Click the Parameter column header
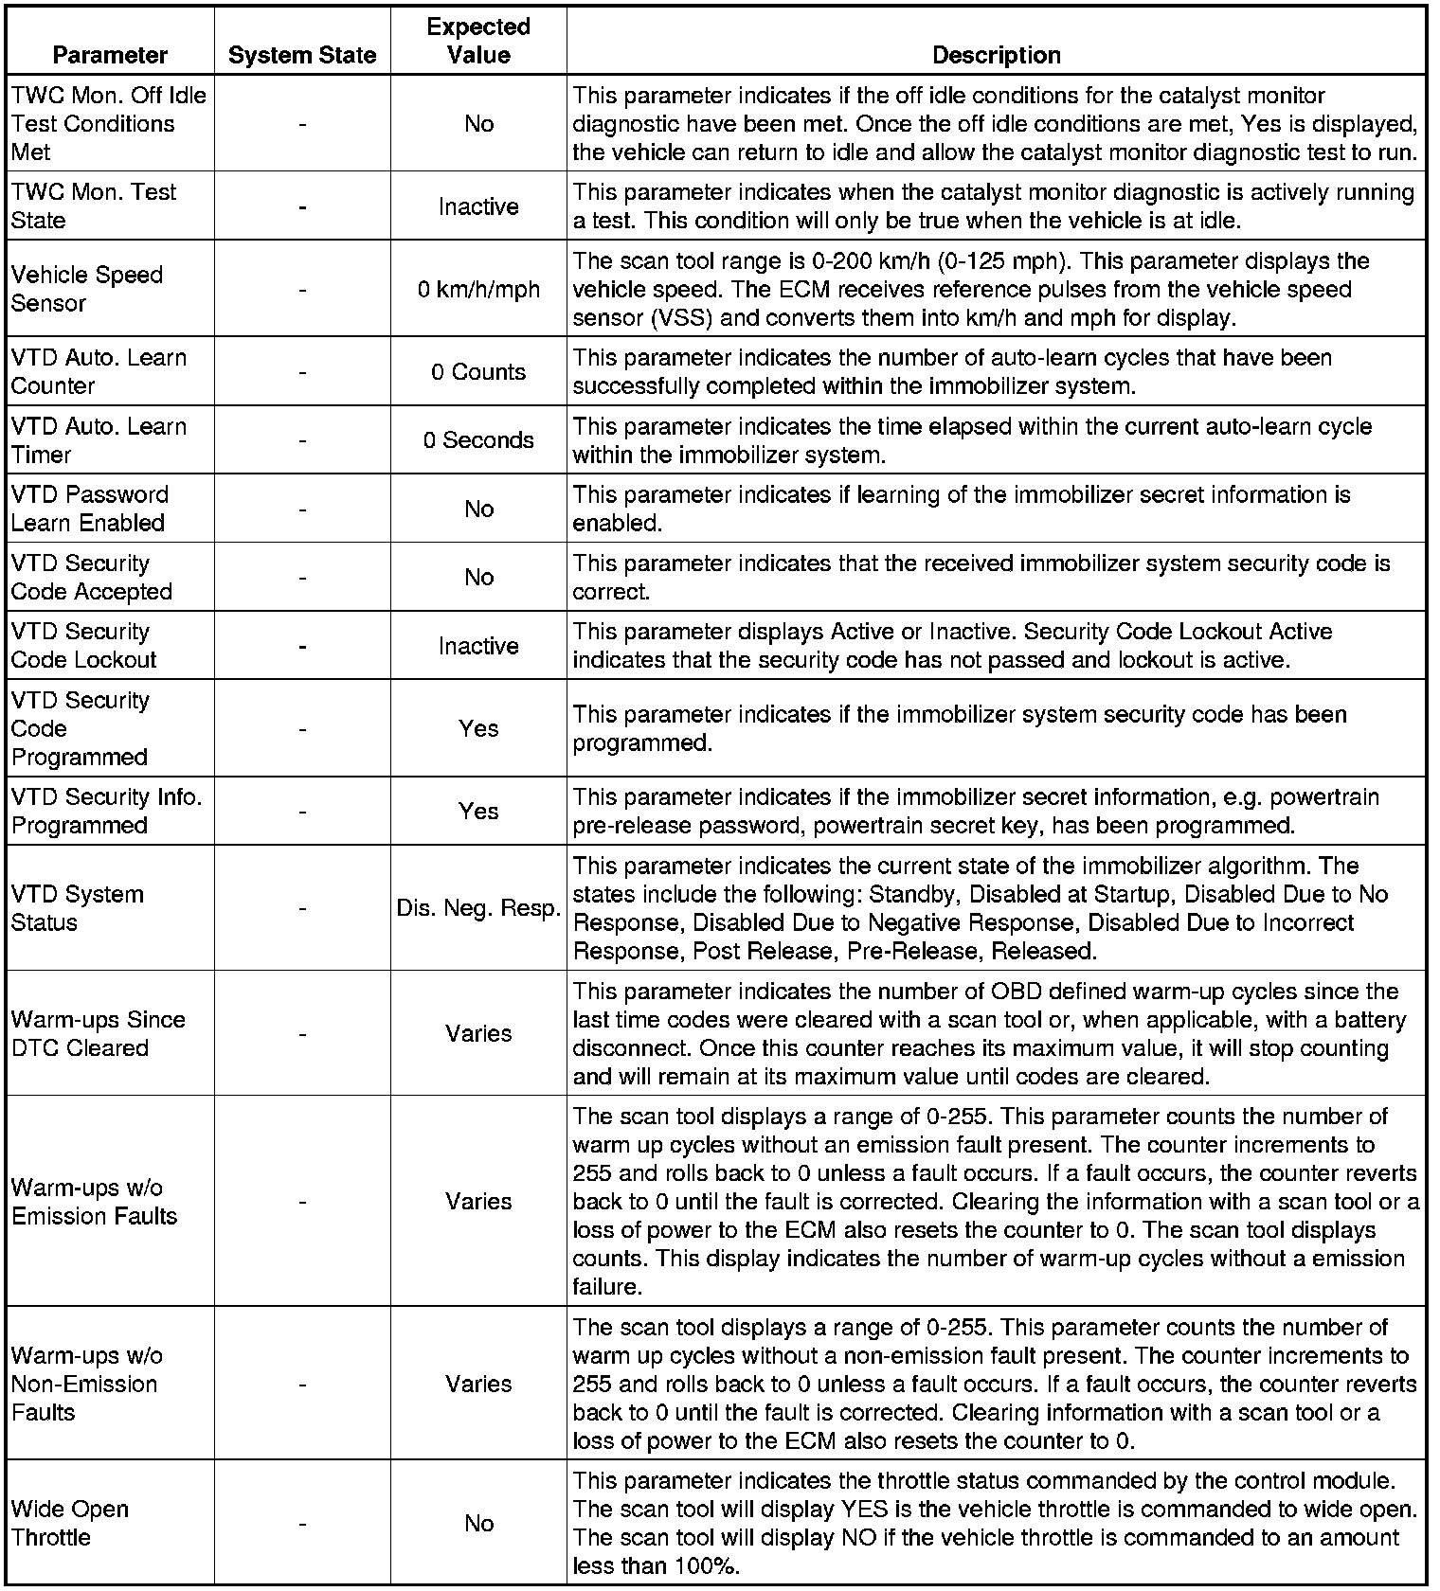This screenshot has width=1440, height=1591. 110,55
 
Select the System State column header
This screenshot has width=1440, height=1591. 302,56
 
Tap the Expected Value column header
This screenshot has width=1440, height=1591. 478,41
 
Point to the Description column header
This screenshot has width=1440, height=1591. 996,55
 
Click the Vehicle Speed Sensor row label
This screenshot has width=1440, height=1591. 87,289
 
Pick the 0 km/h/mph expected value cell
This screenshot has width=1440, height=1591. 478,289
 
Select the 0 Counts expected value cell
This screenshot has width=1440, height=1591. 478,371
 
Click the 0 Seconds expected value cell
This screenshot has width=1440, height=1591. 478,439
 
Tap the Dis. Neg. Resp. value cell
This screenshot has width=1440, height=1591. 478,908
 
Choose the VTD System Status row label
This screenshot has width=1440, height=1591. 78,908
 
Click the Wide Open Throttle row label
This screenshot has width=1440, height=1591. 70,1523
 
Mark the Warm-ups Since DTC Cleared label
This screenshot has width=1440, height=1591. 98,1033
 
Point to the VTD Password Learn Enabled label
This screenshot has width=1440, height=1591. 89,509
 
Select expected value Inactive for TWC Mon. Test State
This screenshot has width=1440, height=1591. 478,206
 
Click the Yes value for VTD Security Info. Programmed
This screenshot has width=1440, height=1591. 478,811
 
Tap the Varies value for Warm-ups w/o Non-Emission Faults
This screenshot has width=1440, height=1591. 478,1384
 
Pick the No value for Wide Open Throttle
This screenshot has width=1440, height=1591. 478,1523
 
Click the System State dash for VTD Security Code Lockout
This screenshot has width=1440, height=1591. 302,646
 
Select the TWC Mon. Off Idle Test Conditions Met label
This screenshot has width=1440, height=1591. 108,123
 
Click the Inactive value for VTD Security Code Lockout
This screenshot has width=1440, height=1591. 478,646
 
